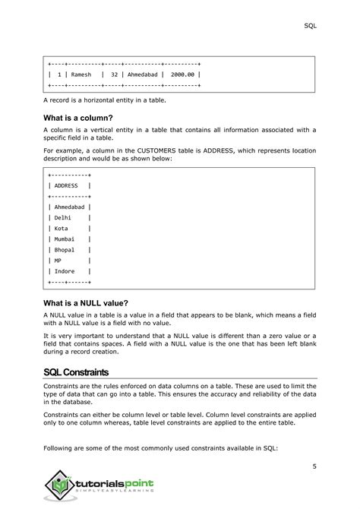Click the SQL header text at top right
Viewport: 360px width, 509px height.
pyautogui.click(x=310, y=25)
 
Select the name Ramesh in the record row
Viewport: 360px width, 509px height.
pyautogui.click(x=81, y=75)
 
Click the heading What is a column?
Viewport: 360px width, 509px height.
pyautogui.click(x=78, y=118)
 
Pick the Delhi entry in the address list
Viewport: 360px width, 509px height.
pyautogui.click(x=63, y=217)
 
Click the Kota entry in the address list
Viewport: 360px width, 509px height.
pyautogui.click(x=62, y=228)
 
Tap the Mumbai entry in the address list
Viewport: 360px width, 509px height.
pyautogui.click(x=65, y=239)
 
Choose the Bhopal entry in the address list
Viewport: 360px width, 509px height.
pyautogui.click(x=65, y=249)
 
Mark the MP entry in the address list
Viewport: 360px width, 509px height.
pyautogui.click(x=58, y=260)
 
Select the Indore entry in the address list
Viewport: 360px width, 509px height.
pyautogui.click(x=65, y=270)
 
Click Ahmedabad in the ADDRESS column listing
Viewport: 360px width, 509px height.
pyautogui.click(x=69, y=207)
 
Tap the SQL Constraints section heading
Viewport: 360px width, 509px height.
pyautogui.click(x=76, y=372)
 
